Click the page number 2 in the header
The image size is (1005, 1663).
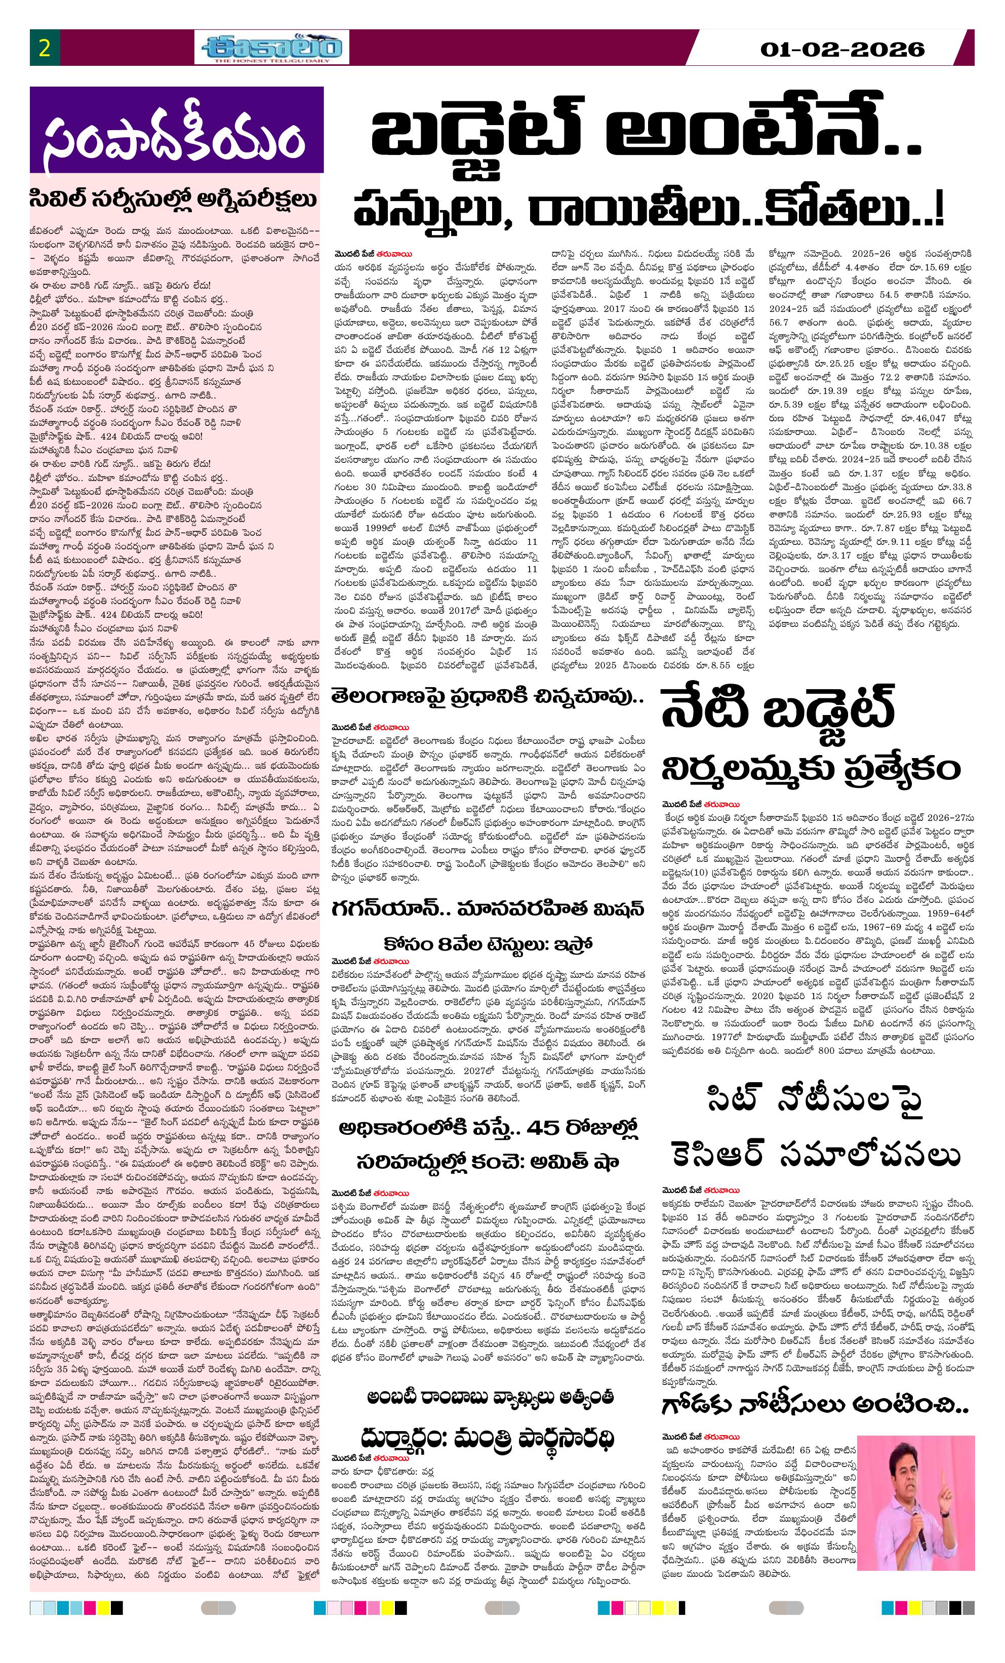(45, 49)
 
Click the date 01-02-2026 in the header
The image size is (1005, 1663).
(841, 49)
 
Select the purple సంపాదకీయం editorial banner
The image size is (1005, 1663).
(176, 130)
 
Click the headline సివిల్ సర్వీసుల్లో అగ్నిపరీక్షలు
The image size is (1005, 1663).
(174, 200)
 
